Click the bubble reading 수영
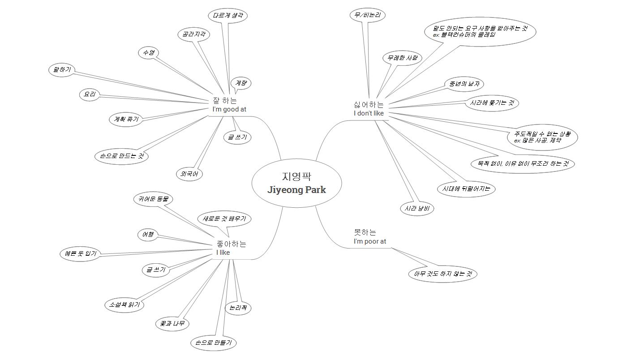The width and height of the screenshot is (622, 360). coord(149,53)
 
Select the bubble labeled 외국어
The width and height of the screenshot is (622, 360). coord(189,174)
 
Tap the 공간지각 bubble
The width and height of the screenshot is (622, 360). coord(193,34)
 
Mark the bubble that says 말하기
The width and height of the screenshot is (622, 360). coord(62,70)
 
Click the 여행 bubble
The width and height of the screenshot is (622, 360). coord(148,234)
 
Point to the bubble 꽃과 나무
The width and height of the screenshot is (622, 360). coord(172,324)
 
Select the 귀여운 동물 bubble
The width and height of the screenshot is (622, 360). coord(153,198)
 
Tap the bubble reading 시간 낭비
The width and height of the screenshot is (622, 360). coord(416,208)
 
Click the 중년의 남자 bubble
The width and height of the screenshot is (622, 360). coord(464,83)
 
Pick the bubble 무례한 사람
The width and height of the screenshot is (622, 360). coord(402,58)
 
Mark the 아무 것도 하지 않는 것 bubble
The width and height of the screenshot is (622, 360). coord(442,273)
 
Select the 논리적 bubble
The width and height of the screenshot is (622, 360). coord(238,308)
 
